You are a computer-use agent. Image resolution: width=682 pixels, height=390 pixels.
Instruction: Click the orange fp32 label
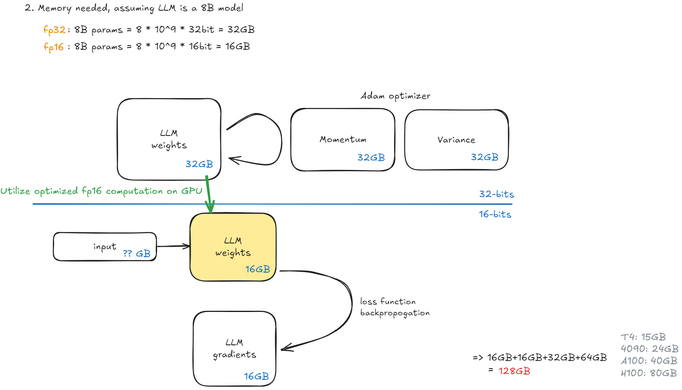coord(54,30)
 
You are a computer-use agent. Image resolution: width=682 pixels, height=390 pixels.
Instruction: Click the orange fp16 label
coord(54,47)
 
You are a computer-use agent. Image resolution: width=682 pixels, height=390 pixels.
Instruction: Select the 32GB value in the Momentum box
coord(371,158)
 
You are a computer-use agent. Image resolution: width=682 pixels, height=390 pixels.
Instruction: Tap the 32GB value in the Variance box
coord(484,157)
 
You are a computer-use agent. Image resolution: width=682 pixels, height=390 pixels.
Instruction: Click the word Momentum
coord(343,140)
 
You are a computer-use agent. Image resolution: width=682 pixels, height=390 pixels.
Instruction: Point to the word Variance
coord(456,140)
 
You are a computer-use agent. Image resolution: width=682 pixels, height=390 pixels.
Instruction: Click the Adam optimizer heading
coord(395,96)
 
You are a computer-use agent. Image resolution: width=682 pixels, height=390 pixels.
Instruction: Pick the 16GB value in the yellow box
coord(258,269)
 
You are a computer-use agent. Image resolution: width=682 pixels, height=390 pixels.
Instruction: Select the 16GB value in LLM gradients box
coord(256,376)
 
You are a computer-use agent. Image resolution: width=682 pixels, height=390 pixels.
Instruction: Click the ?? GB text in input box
coord(137,254)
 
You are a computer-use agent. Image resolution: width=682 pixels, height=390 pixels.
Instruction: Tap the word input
coord(105,247)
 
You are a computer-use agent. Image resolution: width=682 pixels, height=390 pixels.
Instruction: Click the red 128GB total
coord(514,371)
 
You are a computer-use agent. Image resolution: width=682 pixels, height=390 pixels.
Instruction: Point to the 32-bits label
coord(496,194)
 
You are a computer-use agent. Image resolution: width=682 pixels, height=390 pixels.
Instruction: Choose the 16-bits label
coord(495,214)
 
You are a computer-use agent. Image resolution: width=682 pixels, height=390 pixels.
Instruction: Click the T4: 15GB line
coord(643,337)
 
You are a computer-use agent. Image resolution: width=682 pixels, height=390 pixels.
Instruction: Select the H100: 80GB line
coord(648,373)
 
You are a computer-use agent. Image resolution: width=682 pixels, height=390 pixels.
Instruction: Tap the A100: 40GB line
coord(649,361)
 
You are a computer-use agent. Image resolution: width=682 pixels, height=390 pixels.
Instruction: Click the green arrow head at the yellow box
coord(210,209)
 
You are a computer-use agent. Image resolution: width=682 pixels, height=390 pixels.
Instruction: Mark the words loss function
coord(388,302)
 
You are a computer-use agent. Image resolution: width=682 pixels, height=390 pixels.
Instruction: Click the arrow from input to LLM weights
coord(173,246)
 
